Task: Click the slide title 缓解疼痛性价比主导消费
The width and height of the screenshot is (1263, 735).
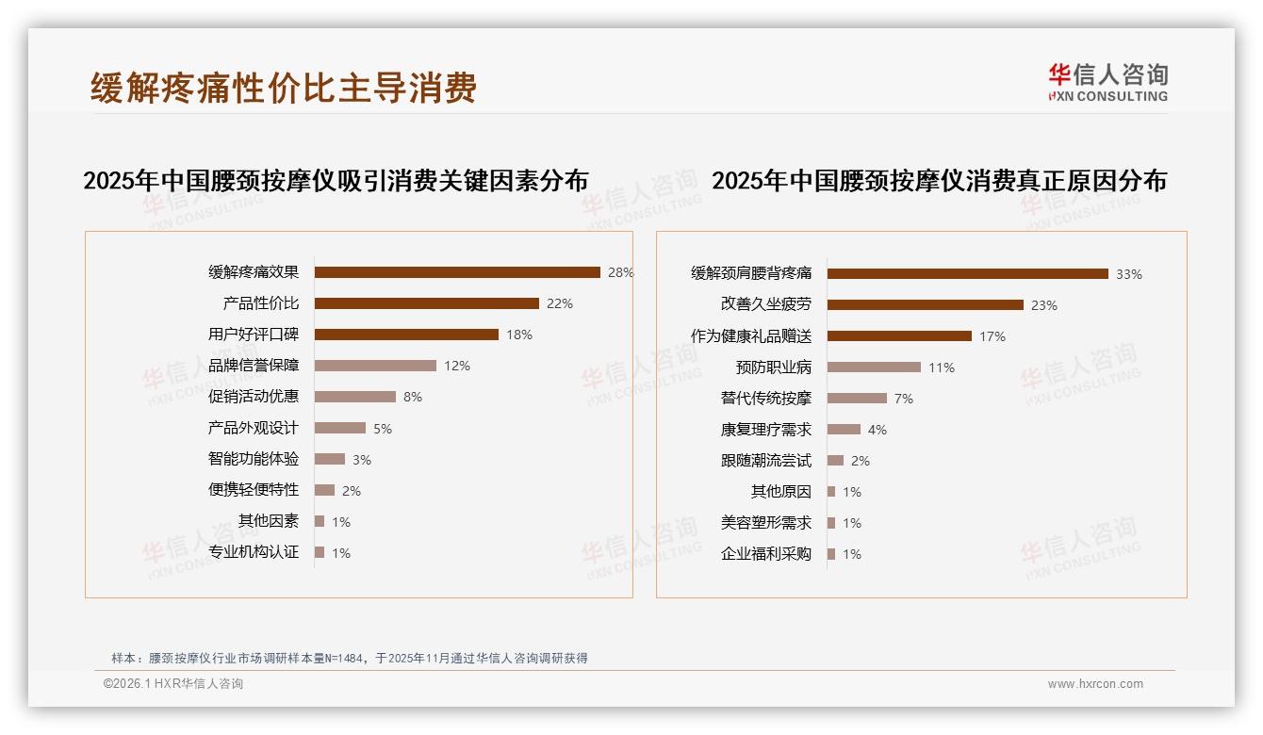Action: point(284,88)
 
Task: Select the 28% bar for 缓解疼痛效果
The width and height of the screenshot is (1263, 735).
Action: point(457,272)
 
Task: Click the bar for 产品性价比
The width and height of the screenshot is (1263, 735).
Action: point(426,303)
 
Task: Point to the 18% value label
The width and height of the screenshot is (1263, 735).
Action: point(519,335)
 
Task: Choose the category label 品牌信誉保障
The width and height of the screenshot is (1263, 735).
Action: point(254,366)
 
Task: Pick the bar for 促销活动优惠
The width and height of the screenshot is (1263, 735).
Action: point(355,397)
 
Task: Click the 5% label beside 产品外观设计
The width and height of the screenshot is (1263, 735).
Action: point(383,429)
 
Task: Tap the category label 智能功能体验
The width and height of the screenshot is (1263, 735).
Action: point(254,459)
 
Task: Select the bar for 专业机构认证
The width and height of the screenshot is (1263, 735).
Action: point(320,552)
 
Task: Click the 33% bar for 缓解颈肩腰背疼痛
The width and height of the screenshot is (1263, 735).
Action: point(968,274)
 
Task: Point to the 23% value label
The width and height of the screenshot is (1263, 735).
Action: point(1044,305)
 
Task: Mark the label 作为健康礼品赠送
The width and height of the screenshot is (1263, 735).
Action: point(751,336)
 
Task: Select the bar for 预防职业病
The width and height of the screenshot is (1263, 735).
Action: point(874,367)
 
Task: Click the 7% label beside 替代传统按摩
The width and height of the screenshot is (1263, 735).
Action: point(904,399)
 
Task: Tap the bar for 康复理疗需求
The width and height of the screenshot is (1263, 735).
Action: point(844,430)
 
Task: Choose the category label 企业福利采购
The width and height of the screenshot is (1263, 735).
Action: point(766,554)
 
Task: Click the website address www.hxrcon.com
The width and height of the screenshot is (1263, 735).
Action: point(1095,684)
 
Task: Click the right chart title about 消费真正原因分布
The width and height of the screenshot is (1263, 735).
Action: point(939,180)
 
